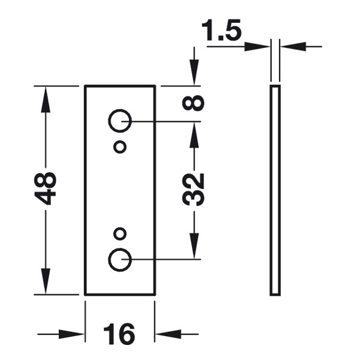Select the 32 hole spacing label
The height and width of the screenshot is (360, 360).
tap(193, 189)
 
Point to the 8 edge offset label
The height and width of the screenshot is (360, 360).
tap(193, 103)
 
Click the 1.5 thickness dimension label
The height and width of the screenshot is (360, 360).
tap(221, 30)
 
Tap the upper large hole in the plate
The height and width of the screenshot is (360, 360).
tap(120, 110)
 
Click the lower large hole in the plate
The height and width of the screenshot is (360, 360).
tap(120, 249)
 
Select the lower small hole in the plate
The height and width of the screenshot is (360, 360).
tap(120, 229)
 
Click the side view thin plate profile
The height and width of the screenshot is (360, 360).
tap(271, 190)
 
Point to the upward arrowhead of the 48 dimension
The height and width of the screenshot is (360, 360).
tap(46, 99)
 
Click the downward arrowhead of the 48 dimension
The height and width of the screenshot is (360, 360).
tap(46, 281)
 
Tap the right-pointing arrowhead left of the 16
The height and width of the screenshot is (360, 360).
tap(71, 334)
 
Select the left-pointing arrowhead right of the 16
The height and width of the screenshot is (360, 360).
tap(168, 334)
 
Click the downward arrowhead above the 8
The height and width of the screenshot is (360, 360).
tap(194, 73)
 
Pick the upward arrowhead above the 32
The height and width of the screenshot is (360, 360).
tap(194, 134)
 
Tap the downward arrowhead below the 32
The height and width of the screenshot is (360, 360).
tap(194, 245)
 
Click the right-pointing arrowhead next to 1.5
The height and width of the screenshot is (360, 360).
tap(257, 46)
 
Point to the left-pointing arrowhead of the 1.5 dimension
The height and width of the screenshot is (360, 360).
tap(293, 46)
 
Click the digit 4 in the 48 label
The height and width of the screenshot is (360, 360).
tap(45, 197)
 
